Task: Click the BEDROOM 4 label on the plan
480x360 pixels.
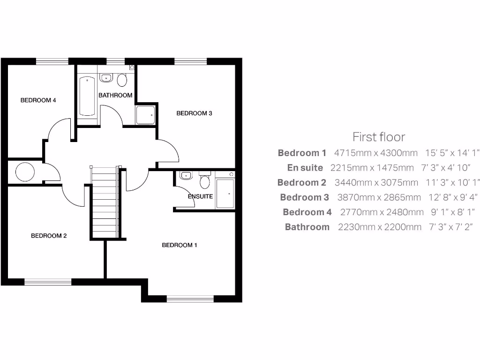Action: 38,100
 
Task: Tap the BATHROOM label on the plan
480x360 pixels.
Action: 115,95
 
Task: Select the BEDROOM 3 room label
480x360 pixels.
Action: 194,113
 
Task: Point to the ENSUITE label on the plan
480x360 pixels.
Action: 200,196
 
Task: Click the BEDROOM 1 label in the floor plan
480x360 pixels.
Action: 180,245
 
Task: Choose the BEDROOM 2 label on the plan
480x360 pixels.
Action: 49,236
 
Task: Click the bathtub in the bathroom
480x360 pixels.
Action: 88,96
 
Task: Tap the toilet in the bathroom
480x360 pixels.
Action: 122,80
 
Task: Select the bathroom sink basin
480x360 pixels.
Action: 105,78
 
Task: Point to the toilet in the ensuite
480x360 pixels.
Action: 204,181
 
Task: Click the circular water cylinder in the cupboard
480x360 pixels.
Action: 25,172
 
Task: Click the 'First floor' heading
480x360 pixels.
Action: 378,137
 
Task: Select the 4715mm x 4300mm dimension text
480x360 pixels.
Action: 375,153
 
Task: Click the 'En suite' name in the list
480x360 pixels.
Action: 305,167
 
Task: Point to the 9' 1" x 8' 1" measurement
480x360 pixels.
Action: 450,212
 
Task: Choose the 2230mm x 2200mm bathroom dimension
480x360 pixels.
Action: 379,227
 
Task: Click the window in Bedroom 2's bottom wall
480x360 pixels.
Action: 48,282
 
